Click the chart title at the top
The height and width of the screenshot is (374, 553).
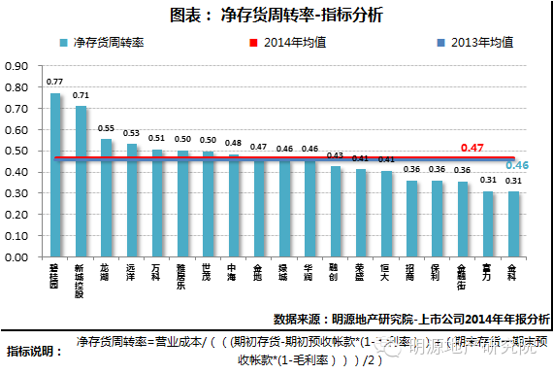(276, 17)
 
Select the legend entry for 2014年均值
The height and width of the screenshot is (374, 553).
(305, 43)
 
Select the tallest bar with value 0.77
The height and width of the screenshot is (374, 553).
(55, 174)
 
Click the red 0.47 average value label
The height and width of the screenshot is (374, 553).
(472, 148)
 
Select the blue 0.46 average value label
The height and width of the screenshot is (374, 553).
(516, 166)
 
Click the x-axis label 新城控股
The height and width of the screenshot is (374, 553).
(81, 279)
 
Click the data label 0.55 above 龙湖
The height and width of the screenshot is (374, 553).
(106, 128)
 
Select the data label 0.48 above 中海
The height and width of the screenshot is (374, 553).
(233, 143)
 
